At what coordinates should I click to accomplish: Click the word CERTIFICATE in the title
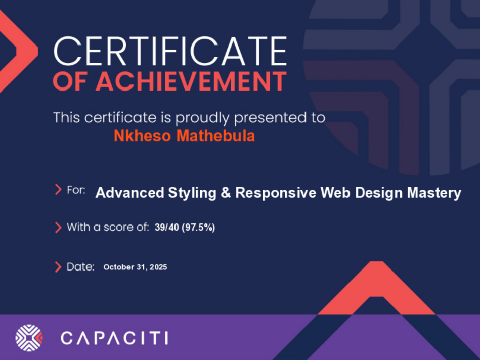(170, 52)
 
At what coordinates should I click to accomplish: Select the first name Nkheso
(142, 136)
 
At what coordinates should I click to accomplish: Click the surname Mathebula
(216, 136)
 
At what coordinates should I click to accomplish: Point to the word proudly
(202, 118)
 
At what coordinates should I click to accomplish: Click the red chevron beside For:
(58, 190)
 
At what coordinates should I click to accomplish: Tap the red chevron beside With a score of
(58, 228)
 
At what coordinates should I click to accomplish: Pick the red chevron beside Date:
(58, 267)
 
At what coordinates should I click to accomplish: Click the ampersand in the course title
(226, 193)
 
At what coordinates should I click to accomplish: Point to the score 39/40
(167, 228)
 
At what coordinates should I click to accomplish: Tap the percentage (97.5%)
(198, 228)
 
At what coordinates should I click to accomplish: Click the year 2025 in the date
(159, 267)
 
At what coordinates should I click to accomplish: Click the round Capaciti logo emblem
(29, 338)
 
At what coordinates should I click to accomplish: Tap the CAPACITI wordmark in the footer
(114, 338)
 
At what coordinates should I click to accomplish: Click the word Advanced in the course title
(130, 193)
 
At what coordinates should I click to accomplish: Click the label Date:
(80, 267)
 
